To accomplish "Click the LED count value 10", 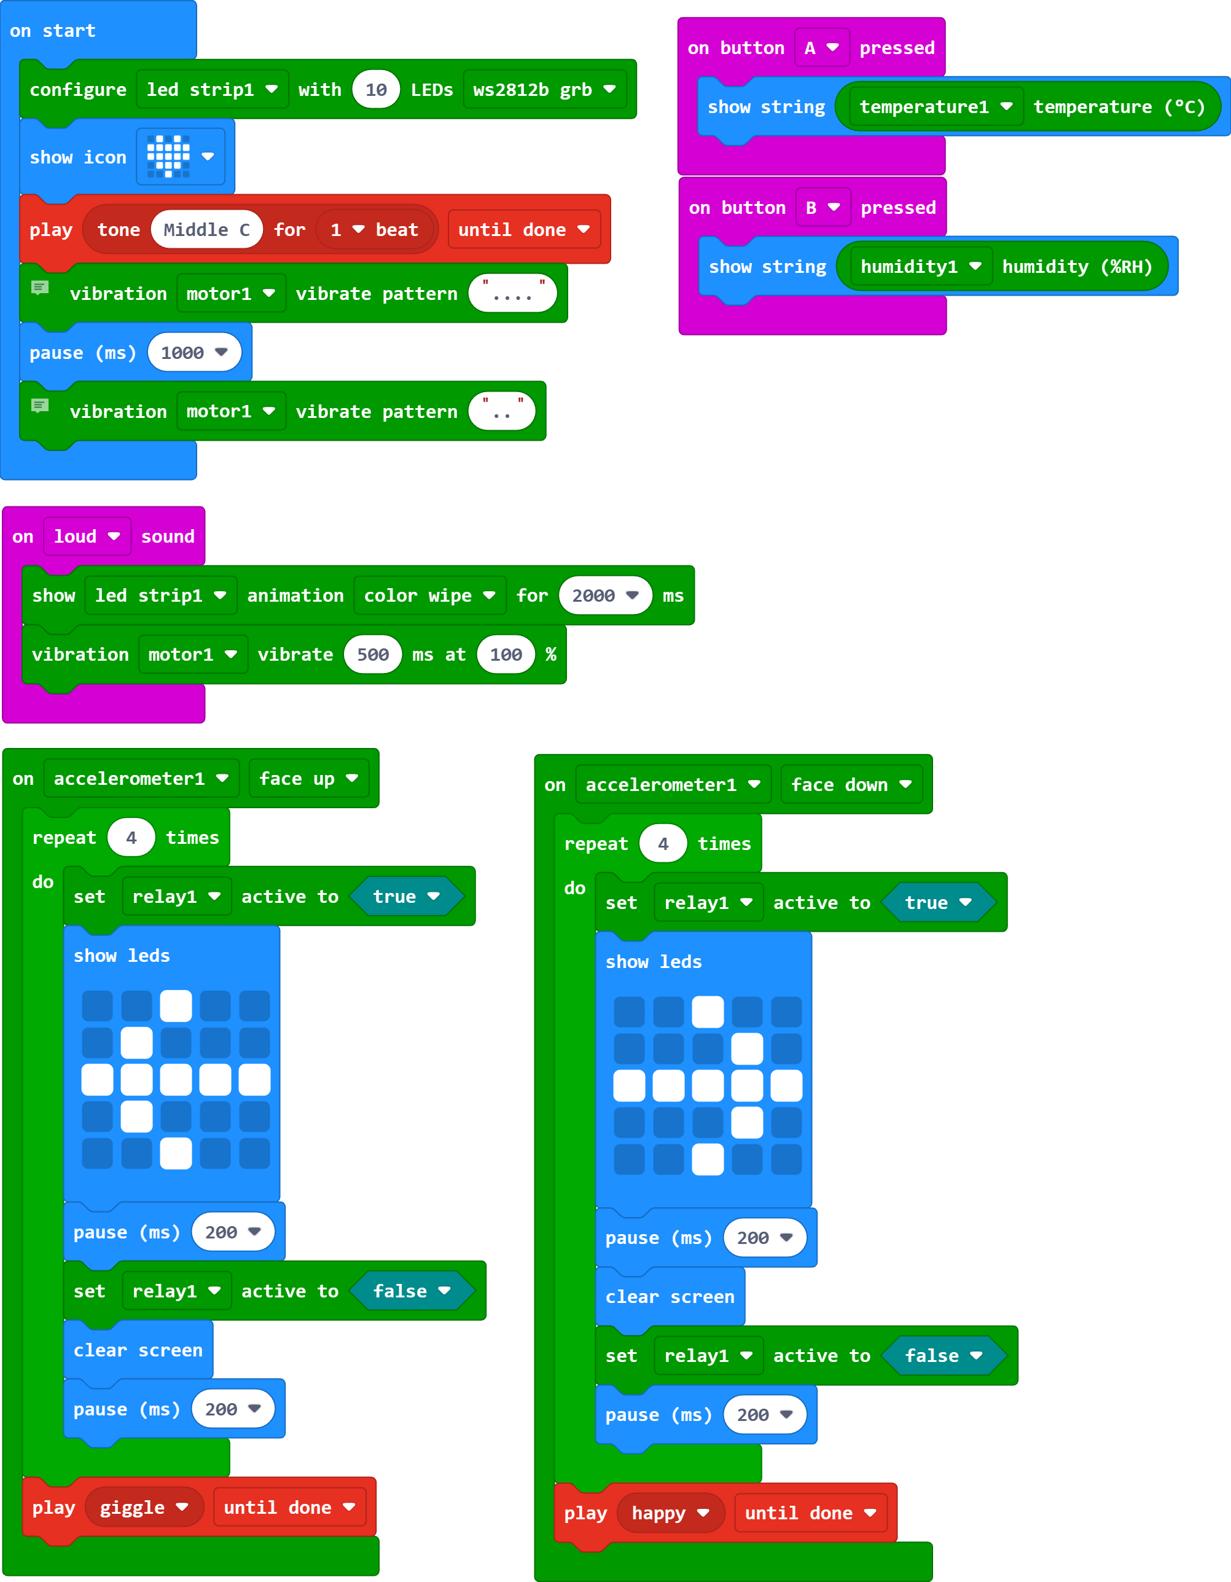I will [x=376, y=90].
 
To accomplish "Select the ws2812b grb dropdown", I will [x=544, y=90].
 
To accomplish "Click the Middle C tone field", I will [x=206, y=230].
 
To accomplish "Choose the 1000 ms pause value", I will [x=194, y=353].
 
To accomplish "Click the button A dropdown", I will [x=821, y=48].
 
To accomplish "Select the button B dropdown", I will [x=823, y=208].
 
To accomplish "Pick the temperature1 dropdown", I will [x=935, y=107].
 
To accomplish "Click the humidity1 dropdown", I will [x=920, y=267].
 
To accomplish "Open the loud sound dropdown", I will [x=87, y=537].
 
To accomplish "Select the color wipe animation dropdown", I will [x=429, y=596].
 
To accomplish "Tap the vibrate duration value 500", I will [x=373, y=655].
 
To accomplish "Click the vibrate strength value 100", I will [x=506, y=655].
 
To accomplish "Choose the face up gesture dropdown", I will [x=308, y=779].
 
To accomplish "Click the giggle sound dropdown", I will [x=143, y=1508].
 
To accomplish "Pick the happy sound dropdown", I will [x=670, y=1513].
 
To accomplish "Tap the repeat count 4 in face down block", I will [x=663, y=844].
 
